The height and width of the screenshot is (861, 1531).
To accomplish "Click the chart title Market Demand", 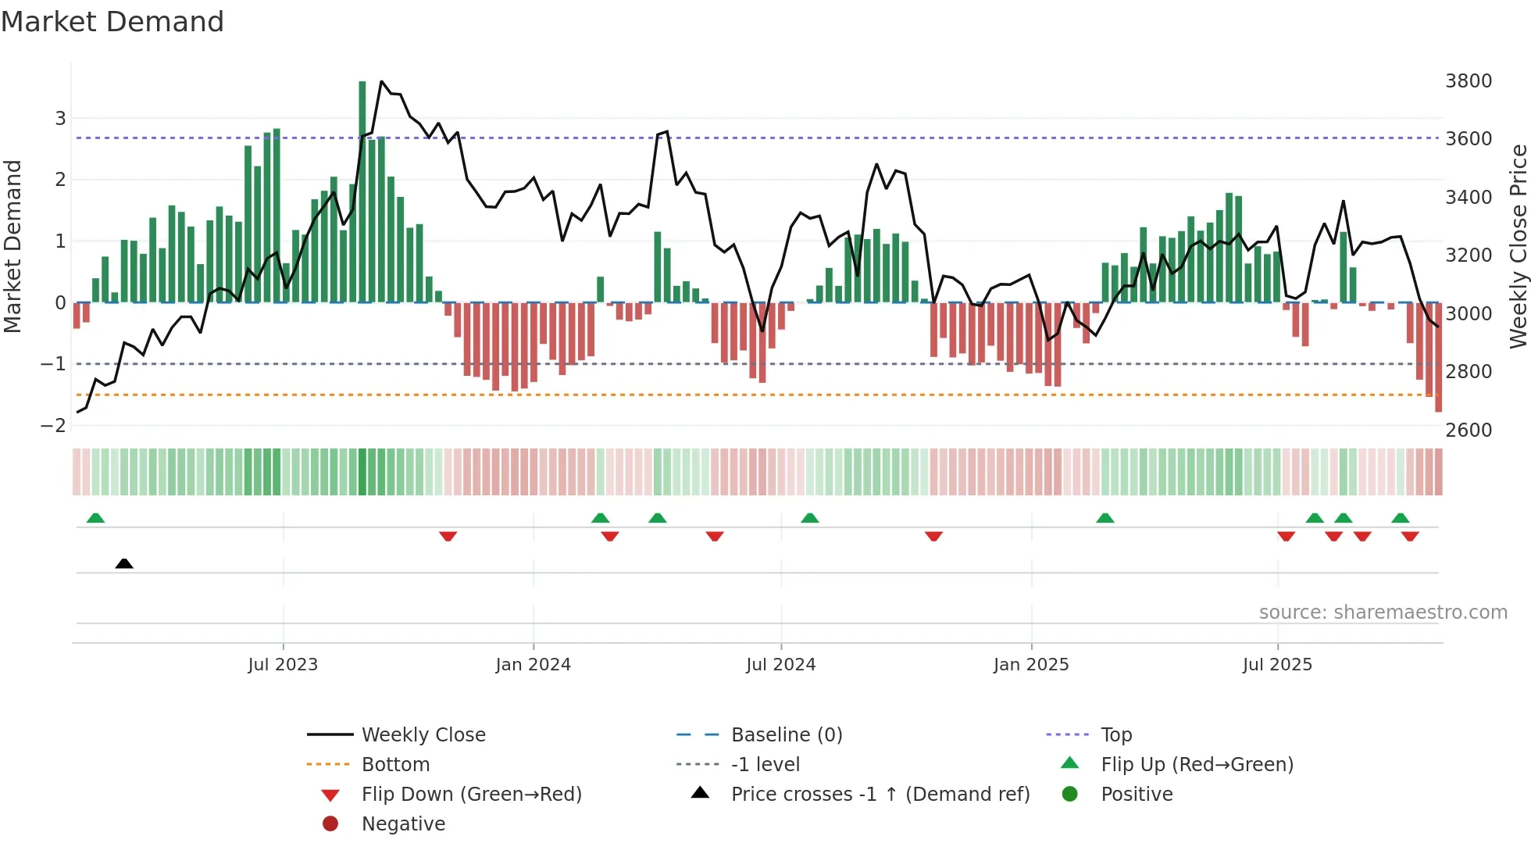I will pyautogui.click(x=112, y=21).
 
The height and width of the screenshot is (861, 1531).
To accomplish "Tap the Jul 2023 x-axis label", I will pyautogui.click(x=283, y=664).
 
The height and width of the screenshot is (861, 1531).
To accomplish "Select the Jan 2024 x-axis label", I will pyautogui.click(x=533, y=664).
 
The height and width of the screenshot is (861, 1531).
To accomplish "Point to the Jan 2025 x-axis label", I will pyautogui.click(x=1030, y=664).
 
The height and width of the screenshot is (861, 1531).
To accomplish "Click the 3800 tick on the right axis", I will pyautogui.click(x=1469, y=80).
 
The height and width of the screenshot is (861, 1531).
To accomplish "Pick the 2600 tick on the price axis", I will pyautogui.click(x=1469, y=430).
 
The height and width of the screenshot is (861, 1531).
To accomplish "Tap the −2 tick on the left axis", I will pyautogui.click(x=53, y=425).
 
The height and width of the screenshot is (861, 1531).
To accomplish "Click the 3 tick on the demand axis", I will pyautogui.click(x=60, y=118).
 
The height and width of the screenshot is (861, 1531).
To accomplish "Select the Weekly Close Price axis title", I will pyautogui.click(x=1518, y=246).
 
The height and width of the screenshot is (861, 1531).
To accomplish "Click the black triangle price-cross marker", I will pyautogui.click(x=123, y=563).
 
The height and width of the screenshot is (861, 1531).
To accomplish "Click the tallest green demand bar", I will pyautogui.click(x=362, y=191).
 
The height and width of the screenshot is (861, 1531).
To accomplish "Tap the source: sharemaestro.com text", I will pyautogui.click(x=1383, y=612).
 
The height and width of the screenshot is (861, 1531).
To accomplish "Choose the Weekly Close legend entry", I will pyautogui.click(x=423, y=734).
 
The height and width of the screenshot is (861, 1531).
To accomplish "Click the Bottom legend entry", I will pyautogui.click(x=395, y=764).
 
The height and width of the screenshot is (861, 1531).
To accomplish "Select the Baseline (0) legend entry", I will pyautogui.click(x=786, y=734).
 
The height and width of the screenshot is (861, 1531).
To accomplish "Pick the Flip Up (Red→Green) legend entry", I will pyautogui.click(x=1197, y=764).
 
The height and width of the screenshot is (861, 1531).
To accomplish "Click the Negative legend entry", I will pyautogui.click(x=403, y=823).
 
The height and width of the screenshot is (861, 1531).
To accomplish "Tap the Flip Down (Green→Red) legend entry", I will pyautogui.click(x=471, y=794).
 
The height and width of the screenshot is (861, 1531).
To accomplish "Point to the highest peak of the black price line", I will pyautogui.click(x=381, y=81).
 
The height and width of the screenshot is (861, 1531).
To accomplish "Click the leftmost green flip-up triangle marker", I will pyautogui.click(x=95, y=517).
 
